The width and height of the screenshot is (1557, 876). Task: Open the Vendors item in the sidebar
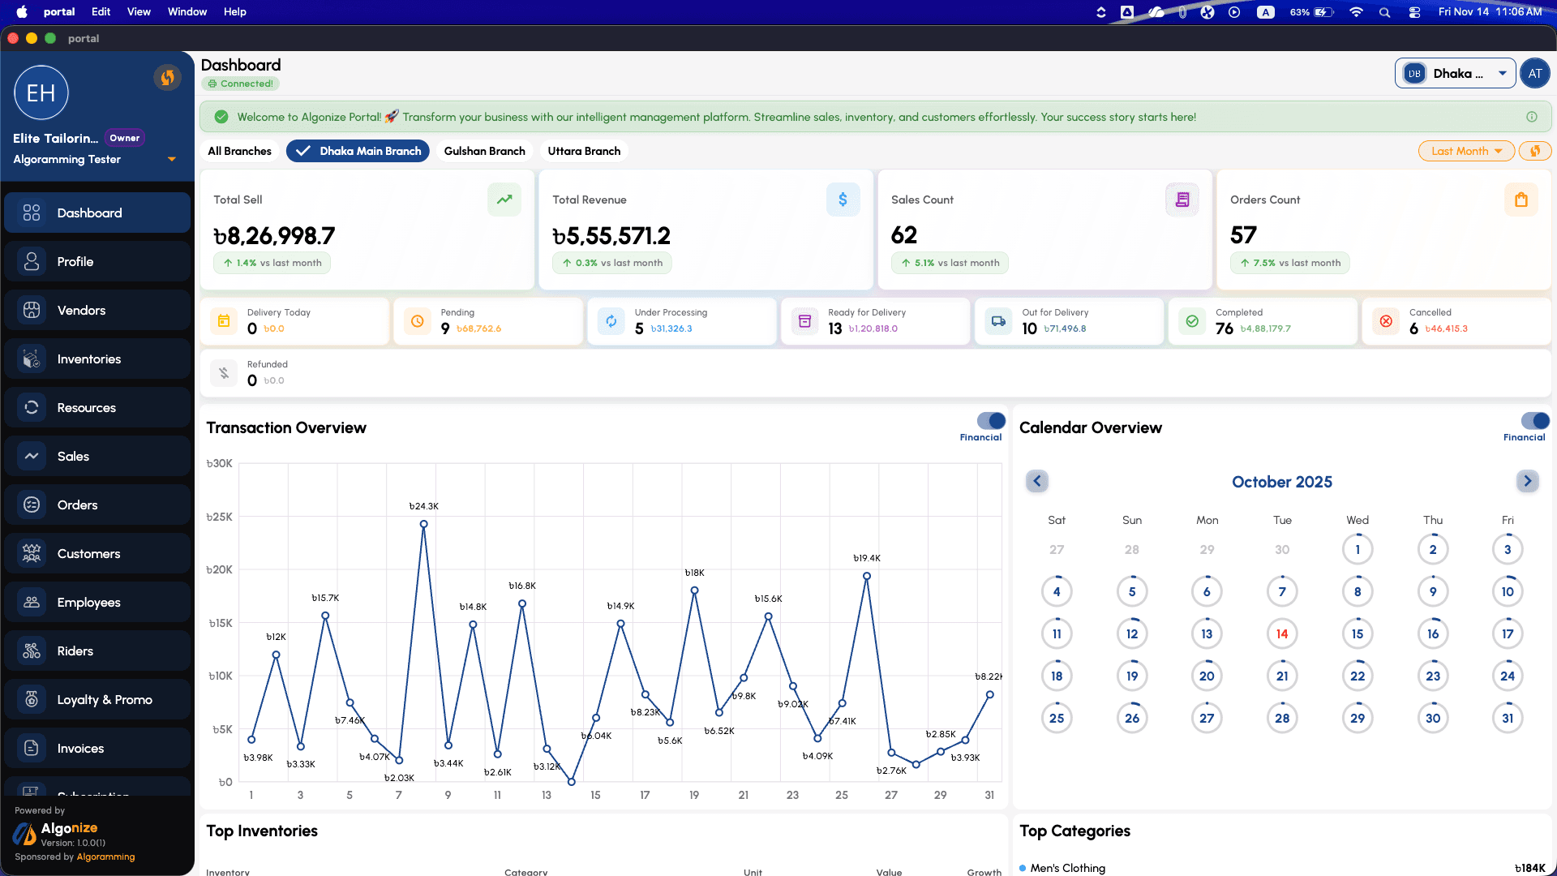pos(81,311)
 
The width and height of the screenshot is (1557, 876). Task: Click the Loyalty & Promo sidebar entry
pos(104,700)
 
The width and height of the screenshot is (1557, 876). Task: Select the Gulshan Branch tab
pos(484,151)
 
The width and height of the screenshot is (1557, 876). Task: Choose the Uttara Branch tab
pos(584,151)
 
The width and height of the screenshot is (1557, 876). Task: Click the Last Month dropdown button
pos(1466,151)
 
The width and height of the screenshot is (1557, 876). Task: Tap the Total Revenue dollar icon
pos(843,200)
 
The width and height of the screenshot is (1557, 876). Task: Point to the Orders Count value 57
pos(1243,235)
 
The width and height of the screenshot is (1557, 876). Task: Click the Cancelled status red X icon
pos(1386,321)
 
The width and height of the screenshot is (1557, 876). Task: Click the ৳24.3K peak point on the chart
pos(423,524)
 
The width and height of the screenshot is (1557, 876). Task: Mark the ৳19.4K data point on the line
pos(867,576)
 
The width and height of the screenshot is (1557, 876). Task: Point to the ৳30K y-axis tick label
pos(219,464)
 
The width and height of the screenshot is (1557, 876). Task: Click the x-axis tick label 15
pos(595,795)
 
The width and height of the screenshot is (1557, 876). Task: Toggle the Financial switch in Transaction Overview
pos(991,421)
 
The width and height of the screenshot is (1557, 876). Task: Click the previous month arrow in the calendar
pos(1036,481)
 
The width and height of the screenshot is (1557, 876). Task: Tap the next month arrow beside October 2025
pos(1527,481)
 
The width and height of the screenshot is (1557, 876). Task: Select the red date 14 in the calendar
pos(1282,634)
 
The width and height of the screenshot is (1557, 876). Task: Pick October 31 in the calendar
pos(1508,719)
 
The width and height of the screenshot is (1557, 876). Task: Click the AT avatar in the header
pos(1534,73)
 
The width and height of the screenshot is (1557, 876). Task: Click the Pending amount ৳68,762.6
pos(478,329)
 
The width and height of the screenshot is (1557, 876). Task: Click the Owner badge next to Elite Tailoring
pos(125,138)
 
